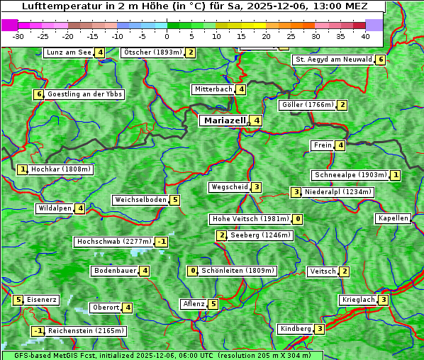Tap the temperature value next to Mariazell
point(257,120)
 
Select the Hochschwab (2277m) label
point(113,242)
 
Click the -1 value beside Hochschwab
point(162,242)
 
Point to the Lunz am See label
point(68,52)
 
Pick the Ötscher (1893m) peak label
point(152,52)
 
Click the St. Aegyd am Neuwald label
point(333,60)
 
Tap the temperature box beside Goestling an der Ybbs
point(38,94)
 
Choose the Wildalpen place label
point(55,208)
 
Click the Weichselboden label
point(140,200)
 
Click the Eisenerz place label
point(42,300)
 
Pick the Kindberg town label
point(296,329)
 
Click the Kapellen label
point(393,218)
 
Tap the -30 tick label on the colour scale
point(18,35)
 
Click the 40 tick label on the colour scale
point(365,35)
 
